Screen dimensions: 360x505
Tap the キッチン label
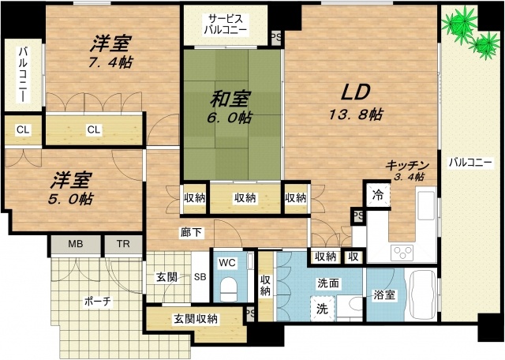[406, 165]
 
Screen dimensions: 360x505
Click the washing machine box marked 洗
[323, 308]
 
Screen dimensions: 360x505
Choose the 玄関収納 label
[196, 319]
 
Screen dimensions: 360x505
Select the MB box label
[74, 244]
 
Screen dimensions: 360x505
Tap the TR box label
[124, 244]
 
